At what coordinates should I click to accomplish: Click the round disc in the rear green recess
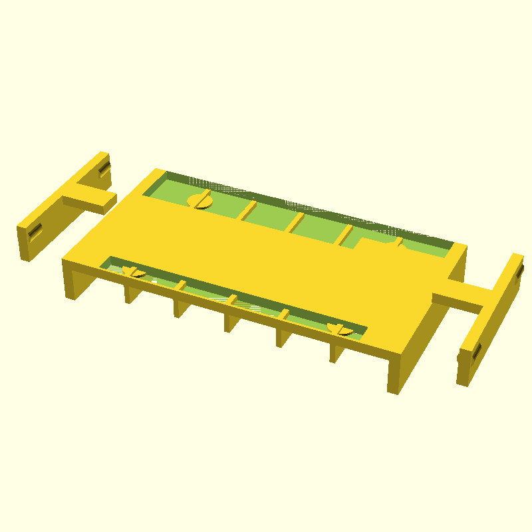point(200,199)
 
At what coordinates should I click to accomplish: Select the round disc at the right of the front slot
point(341,329)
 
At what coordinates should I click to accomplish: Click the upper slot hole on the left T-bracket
point(104,170)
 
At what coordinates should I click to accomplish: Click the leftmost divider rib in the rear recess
point(248,210)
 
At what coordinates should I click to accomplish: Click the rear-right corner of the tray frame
point(458,250)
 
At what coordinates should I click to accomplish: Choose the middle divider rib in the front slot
point(232,301)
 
